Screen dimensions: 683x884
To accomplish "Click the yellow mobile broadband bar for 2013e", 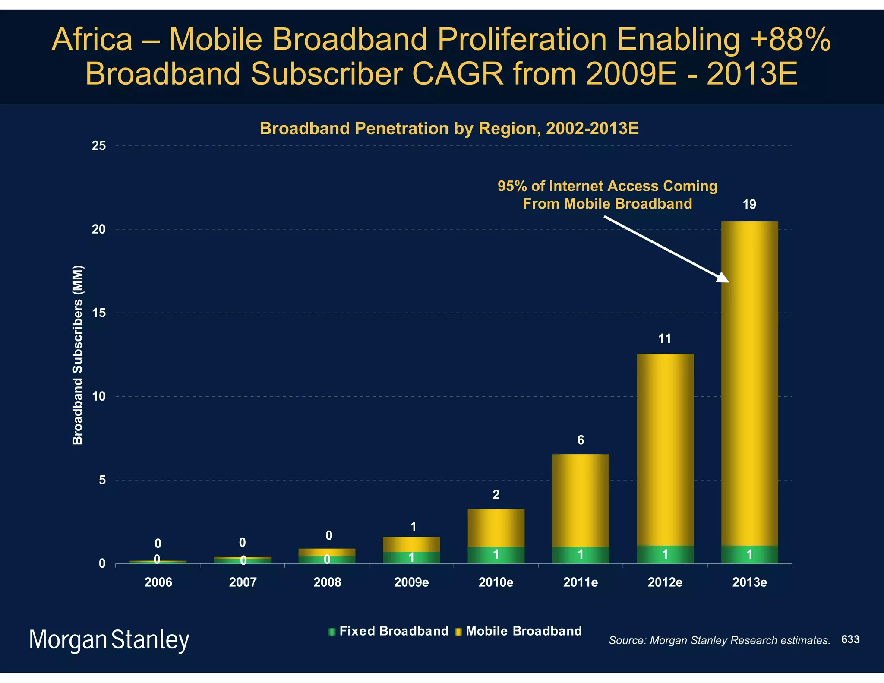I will click(749, 389).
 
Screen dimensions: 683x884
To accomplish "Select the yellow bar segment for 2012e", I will click(665, 449).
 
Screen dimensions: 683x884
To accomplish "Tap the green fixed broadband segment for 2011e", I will click(581, 555).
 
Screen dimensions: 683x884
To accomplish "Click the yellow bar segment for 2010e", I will click(496, 528).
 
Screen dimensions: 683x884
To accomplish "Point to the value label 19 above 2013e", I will click(749, 205).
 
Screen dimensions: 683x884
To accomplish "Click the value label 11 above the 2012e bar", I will click(665, 339).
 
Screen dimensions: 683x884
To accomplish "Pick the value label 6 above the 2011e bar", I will click(581, 440).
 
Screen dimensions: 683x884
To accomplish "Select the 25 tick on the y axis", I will click(99, 146).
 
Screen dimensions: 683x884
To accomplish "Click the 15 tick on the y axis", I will click(99, 313).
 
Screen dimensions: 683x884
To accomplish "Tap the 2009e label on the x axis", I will click(411, 582).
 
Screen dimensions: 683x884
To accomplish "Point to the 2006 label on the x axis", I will click(158, 582).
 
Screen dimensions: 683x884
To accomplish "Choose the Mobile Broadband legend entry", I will click(519, 631).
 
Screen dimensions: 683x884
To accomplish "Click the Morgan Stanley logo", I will click(109, 640).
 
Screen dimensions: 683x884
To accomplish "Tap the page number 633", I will click(850, 639).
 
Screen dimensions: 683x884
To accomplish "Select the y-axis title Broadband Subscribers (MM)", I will click(78, 355).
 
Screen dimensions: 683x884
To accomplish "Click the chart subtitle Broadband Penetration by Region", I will click(449, 129).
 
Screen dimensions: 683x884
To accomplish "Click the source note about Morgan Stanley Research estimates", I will click(719, 640).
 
